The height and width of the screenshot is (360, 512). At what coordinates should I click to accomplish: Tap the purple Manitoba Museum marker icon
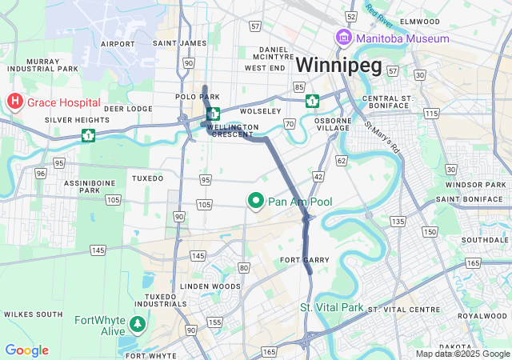343,38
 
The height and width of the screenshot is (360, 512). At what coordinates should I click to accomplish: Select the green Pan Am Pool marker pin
257,202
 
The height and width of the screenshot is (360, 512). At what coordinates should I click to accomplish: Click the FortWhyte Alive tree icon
139,325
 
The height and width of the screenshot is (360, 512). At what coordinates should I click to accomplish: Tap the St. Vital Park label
331,307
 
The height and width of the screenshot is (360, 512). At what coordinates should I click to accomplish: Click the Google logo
26,350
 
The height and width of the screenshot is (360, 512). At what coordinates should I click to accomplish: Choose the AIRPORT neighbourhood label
118,43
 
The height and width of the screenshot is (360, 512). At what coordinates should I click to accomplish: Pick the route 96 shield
40,173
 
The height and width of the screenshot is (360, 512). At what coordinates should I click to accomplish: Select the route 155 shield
214,322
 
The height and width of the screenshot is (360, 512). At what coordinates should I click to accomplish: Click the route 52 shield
350,16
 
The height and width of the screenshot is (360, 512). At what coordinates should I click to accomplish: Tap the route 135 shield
397,220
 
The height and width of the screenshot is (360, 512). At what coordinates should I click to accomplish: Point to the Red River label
382,12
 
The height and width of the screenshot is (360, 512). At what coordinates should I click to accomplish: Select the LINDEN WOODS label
210,286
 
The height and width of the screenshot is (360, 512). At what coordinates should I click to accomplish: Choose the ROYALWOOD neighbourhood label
478,315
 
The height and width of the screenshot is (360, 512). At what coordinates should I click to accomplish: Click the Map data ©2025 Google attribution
462,354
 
